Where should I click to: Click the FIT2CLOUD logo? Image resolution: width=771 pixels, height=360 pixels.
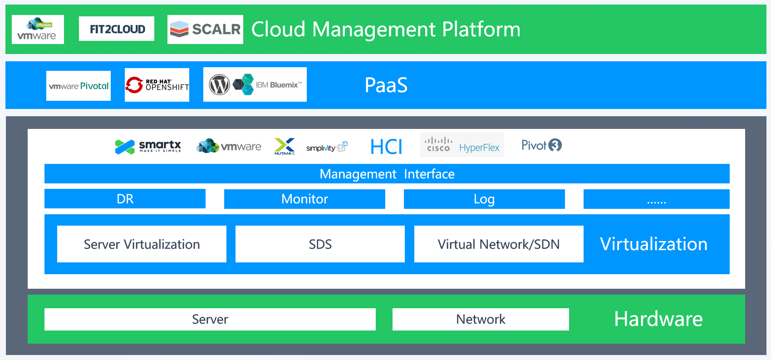coord(117,29)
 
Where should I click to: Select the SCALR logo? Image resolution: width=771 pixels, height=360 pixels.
coord(205,29)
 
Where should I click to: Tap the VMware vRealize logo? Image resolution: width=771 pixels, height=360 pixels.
coord(38,29)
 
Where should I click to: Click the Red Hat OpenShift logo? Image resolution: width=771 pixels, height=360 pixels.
coord(157,85)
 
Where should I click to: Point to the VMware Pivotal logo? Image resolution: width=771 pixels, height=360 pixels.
coord(79,86)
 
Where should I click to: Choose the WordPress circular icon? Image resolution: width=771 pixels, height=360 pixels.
coord(219,84)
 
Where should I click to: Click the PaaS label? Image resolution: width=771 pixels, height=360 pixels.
coord(386,85)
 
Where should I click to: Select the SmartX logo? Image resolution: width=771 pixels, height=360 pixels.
coord(148,147)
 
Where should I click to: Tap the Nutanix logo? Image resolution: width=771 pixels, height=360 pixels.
coord(285,146)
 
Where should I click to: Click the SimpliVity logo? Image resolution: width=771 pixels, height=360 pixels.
coord(327,147)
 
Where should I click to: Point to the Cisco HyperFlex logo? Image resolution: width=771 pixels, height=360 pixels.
coord(462,145)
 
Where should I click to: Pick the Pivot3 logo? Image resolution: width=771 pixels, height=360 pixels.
coord(541,145)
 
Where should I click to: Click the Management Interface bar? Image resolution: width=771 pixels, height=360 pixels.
coord(387,174)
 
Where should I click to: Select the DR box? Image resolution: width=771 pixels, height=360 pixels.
coord(125,199)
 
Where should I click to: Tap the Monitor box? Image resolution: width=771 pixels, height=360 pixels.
coord(304,199)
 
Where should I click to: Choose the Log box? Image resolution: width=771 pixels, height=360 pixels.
coord(484,199)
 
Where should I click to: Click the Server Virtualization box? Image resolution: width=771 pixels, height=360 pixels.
coord(142,244)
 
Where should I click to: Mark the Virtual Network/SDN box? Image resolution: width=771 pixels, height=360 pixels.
coord(499,244)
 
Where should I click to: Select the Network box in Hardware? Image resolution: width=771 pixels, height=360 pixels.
coord(481,320)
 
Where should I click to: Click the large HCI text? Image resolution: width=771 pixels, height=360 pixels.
coord(386,147)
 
